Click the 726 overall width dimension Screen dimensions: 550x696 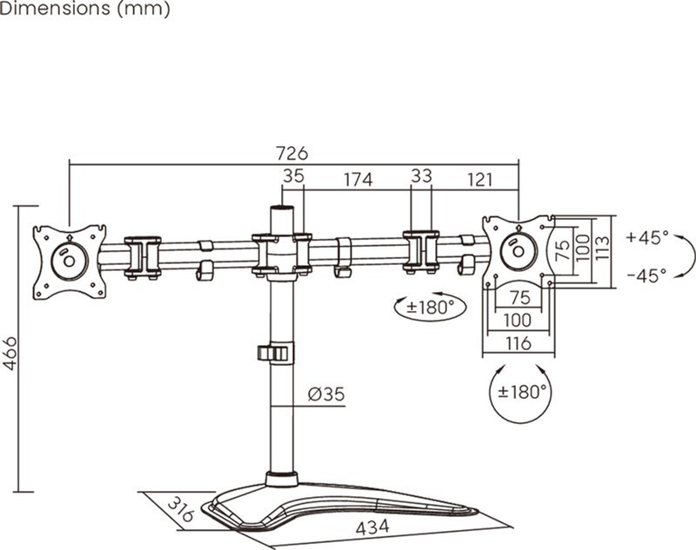[291, 153]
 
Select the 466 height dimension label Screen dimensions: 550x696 [10, 353]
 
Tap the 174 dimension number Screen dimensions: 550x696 [358, 180]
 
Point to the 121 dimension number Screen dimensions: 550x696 [479, 180]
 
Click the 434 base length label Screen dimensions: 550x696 [371, 527]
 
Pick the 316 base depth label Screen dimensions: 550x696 [180, 508]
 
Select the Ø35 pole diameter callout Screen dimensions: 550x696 [326, 394]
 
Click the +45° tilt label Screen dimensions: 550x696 [647, 237]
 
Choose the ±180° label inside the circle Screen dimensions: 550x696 [522, 392]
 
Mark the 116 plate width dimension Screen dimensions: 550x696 [518, 343]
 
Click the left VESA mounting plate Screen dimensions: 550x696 [70, 261]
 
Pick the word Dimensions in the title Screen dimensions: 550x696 [44, 10]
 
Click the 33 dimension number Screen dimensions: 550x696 [421, 176]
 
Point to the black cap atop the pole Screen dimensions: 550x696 [281, 209]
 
